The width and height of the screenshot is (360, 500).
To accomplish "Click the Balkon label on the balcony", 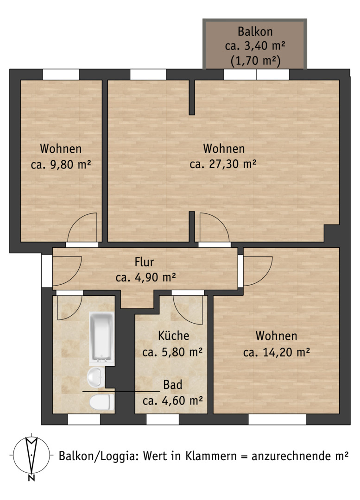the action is point(255,31).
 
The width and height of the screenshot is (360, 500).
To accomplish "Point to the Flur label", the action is point(144,262).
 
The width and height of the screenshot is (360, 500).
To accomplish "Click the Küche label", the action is point(174,336).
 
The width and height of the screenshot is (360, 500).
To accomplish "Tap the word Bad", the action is point(173,385).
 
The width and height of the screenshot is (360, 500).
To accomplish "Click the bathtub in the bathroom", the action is point(102,338).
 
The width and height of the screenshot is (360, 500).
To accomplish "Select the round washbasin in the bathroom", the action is point(96,377).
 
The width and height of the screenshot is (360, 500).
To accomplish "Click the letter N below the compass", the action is point(32,477).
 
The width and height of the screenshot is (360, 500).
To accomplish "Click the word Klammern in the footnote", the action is point(211,456).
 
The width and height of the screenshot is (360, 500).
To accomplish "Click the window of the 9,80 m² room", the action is point(61,74).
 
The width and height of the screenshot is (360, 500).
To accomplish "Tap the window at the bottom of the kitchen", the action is point(163,419).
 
